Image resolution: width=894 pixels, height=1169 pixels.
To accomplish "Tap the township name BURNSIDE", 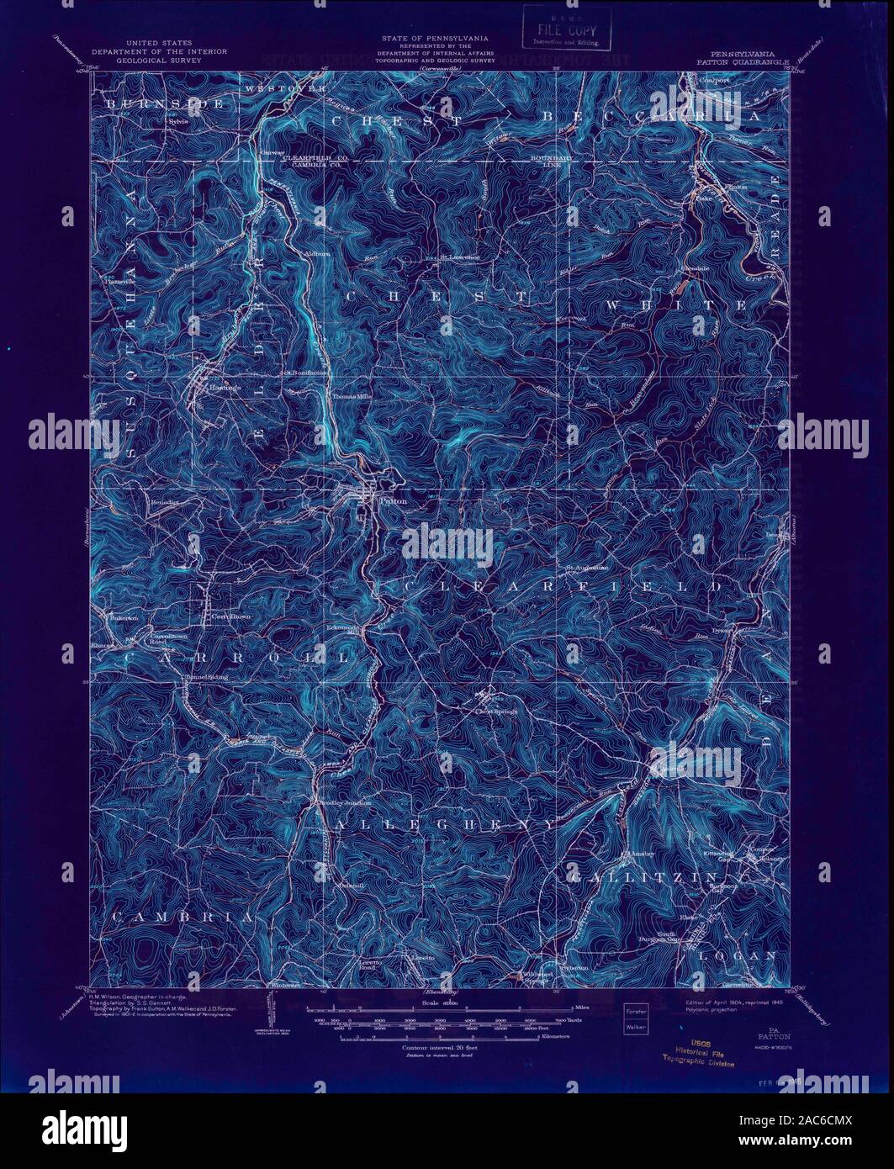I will point(165,103).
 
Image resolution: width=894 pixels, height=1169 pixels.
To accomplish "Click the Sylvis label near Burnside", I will point(175,121).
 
